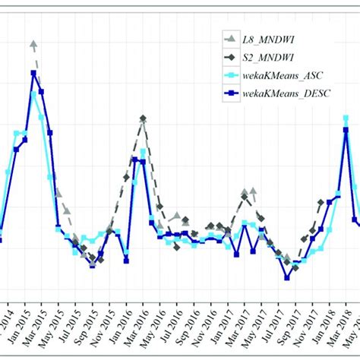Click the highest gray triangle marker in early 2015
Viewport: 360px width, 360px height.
pyautogui.click(x=33, y=44)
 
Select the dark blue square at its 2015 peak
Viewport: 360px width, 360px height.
pyautogui.click(x=33, y=74)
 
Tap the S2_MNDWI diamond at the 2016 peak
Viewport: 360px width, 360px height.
pyautogui.click(x=143, y=118)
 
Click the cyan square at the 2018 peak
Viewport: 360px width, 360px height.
pyautogui.click(x=346, y=118)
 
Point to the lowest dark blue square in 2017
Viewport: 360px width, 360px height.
pyautogui.click(x=287, y=277)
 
